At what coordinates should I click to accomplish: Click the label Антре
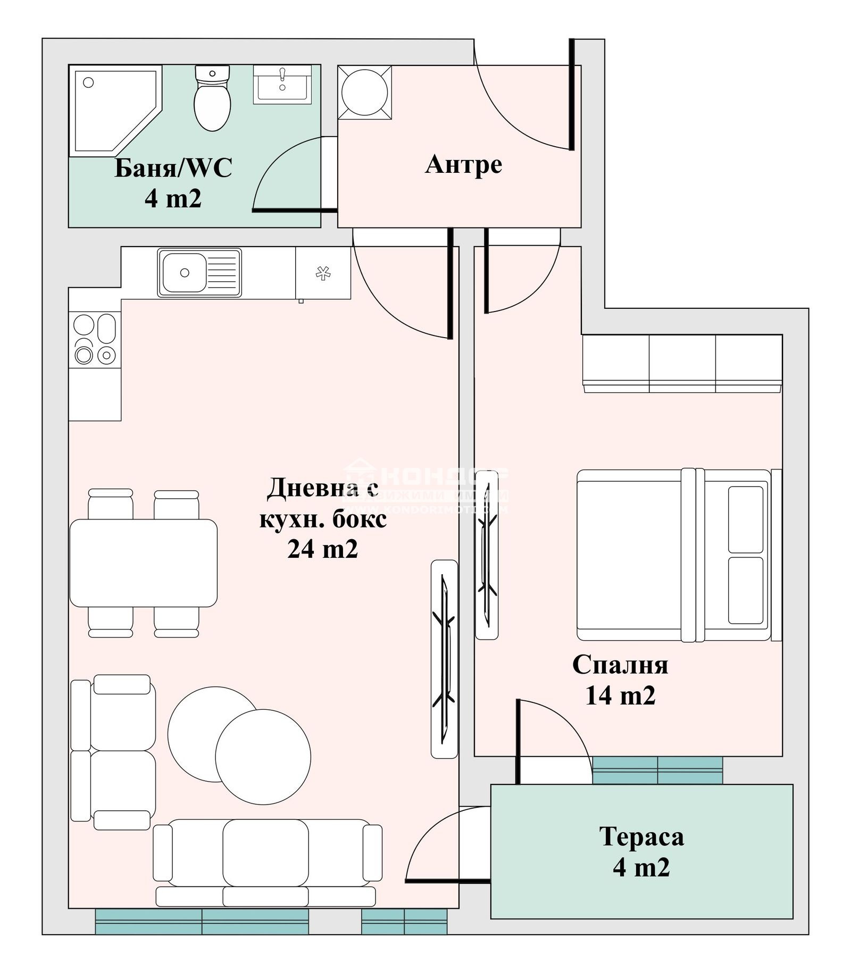(x=463, y=164)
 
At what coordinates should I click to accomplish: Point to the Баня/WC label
(x=173, y=168)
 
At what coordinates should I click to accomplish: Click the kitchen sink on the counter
(x=185, y=273)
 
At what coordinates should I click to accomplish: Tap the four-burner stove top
(x=95, y=339)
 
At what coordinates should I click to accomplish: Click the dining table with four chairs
(x=143, y=563)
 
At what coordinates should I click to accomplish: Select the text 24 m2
(x=322, y=549)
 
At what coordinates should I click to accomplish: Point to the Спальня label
(x=620, y=665)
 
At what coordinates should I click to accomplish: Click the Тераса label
(x=641, y=836)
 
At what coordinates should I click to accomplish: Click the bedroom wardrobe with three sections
(x=682, y=363)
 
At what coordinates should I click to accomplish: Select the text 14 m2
(x=620, y=695)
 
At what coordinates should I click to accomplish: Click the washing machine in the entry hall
(x=365, y=93)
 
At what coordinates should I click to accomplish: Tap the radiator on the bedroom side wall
(x=487, y=555)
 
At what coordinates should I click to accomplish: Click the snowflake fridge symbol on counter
(x=323, y=273)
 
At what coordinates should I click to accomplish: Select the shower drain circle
(x=89, y=82)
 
